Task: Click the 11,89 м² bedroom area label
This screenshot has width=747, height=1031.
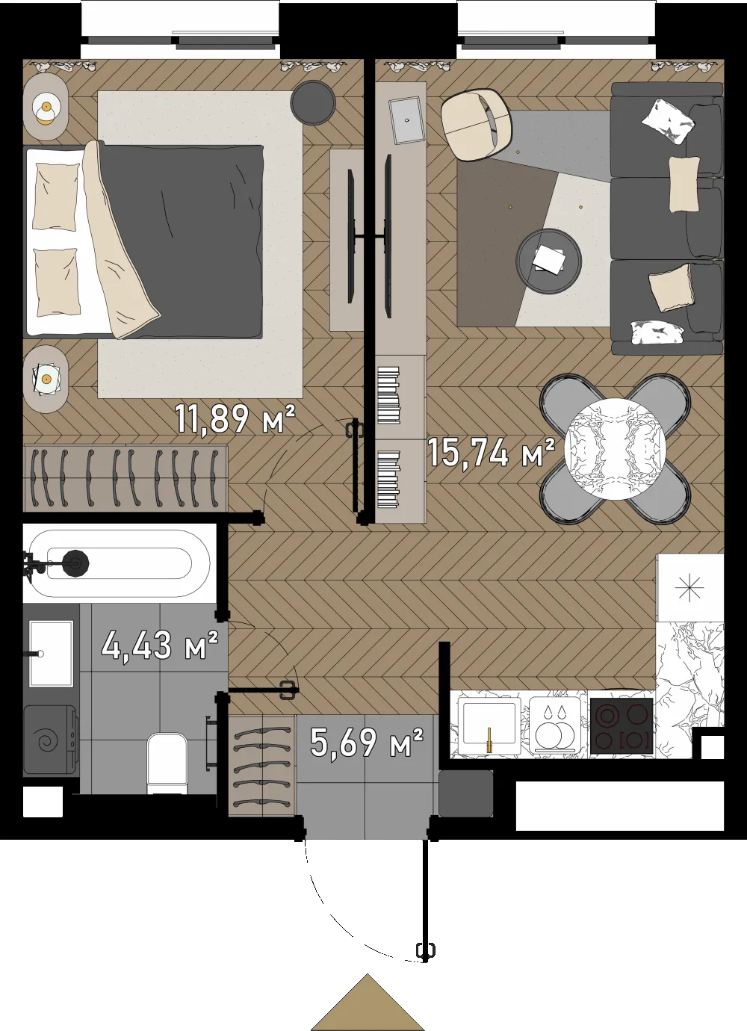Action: pyautogui.click(x=235, y=418)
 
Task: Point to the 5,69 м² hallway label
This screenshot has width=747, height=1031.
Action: pyautogui.click(x=366, y=743)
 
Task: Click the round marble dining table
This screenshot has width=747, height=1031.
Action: pyautogui.click(x=616, y=448)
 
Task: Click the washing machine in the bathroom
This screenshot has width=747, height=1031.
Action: pyautogui.click(x=51, y=741)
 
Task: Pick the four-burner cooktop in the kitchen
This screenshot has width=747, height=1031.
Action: pyautogui.click(x=622, y=726)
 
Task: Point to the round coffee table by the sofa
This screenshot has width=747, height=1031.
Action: pyautogui.click(x=548, y=261)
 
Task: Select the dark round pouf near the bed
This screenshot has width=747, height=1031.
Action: pyautogui.click(x=313, y=102)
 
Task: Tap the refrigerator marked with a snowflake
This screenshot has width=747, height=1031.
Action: pyautogui.click(x=690, y=587)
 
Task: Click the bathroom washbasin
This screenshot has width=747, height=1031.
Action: pyautogui.click(x=51, y=654)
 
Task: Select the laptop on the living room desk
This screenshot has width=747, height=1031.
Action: pyautogui.click(x=406, y=121)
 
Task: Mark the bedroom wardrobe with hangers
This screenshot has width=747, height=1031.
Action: pyautogui.click(x=125, y=478)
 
